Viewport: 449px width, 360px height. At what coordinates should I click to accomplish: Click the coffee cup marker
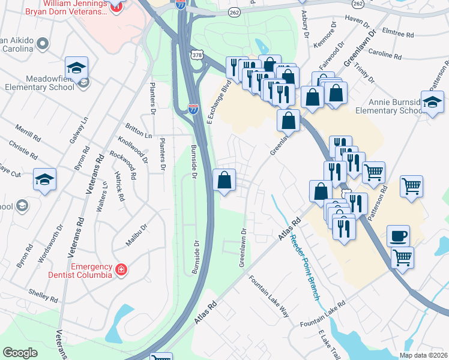[398, 236]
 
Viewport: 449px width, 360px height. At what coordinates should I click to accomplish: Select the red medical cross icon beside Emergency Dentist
[122, 270]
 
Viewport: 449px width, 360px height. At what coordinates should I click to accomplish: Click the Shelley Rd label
[43, 295]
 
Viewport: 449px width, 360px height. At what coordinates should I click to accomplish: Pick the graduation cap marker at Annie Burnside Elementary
[432, 102]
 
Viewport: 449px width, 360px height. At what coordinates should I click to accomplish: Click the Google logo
[20, 352]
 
